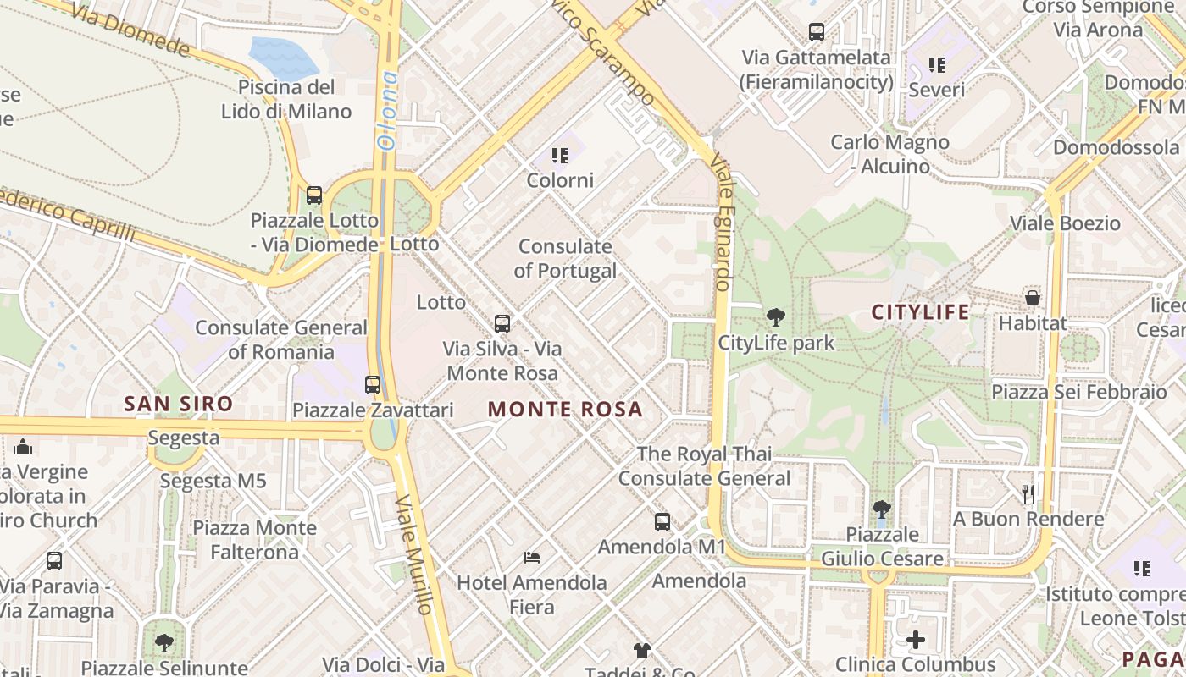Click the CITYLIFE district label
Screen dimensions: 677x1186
click(x=921, y=312)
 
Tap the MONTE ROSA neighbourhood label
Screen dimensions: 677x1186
click(x=565, y=410)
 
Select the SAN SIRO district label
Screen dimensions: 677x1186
click(x=178, y=404)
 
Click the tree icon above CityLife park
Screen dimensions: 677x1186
click(x=775, y=318)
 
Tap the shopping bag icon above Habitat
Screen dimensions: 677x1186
click(x=1033, y=298)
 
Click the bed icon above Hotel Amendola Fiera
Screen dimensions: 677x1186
click(x=532, y=557)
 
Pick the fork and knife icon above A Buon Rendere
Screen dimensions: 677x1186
click(x=1028, y=493)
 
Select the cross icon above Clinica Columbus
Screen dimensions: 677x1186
click(x=916, y=639)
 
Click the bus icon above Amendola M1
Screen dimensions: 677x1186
click(x=662, y=521)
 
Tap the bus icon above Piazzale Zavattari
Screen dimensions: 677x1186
click(x=373, y=384)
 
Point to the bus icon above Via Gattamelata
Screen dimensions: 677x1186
click(x=817, y=32)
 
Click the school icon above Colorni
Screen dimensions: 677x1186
click(x=560, y=155)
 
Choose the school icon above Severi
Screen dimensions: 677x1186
click(x=936, y=64)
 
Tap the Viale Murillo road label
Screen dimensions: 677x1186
click(x=414, y=554)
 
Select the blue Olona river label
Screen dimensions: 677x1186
click(x=388, y=110)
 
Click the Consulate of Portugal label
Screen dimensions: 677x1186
click(x=565, y=259)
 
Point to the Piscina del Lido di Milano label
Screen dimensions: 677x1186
click(x=286, y=99)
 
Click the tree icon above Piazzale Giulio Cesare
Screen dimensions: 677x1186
click(x=882, y=509)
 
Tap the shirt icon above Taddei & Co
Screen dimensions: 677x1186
click(x=642, y=650)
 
